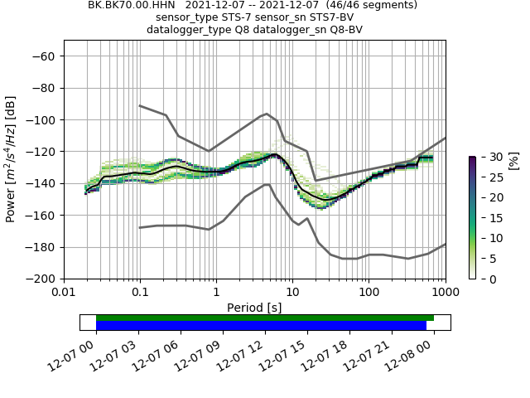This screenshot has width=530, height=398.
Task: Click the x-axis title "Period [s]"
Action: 254,308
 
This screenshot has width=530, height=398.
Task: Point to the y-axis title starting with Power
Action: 12,158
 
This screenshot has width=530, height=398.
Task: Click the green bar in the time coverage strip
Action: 265,318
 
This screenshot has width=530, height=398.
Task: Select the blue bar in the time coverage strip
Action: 261,325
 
